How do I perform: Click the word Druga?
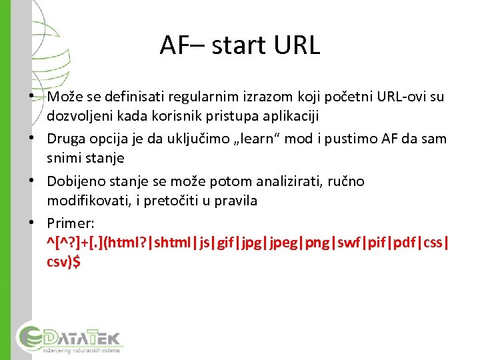pos(64,139)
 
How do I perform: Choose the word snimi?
pos(62,158)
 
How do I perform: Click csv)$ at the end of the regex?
pos(63,262)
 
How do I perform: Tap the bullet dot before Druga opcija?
pos(33,139)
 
